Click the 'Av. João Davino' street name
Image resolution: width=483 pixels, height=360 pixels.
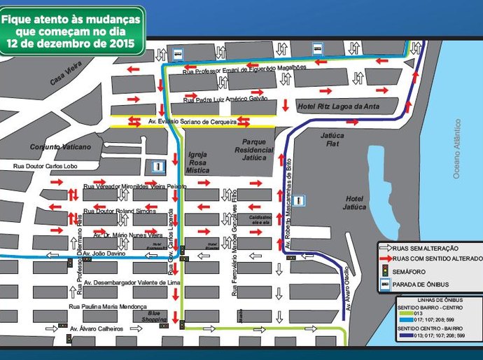[x=109, y=256]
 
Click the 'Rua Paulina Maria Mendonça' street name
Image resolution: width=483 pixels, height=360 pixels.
[x=106, y=307]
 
